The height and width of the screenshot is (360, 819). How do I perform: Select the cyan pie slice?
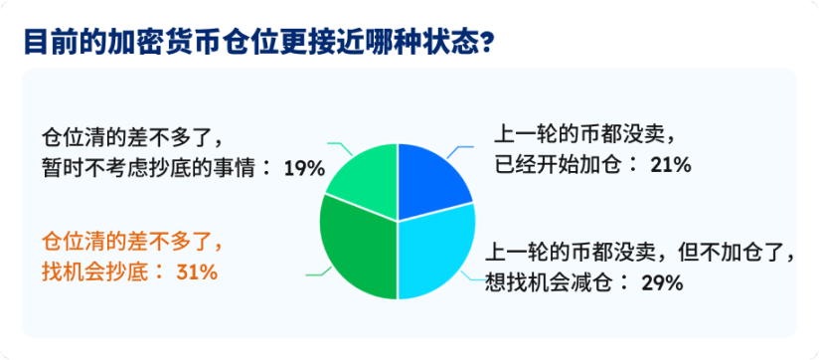434,255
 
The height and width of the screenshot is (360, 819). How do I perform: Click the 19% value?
304,168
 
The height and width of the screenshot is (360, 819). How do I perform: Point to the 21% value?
670,165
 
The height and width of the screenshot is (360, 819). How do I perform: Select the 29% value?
661,282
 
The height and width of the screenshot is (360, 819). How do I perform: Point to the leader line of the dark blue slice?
459,150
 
